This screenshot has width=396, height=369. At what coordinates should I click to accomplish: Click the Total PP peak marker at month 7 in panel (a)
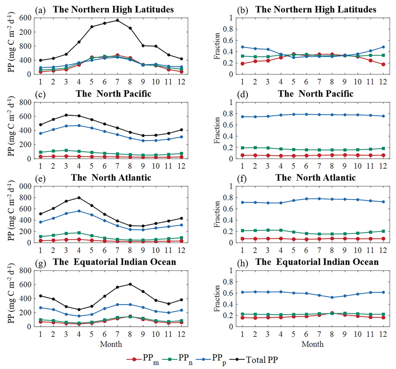tap(117, 20)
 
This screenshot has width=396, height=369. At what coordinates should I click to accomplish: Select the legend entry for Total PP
tap(262, 360)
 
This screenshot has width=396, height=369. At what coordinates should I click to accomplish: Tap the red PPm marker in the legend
tap(134, 360)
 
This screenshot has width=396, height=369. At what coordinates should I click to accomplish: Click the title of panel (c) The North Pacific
tap(113, 94)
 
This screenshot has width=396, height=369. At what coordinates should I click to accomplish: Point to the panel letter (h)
tap(242, 263)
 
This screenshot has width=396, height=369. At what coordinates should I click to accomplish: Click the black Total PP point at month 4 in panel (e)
tap(79, 198)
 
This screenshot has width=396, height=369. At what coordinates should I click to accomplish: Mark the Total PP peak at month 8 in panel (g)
tap(130, 284)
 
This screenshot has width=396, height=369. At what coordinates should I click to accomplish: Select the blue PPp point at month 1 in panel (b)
tap(242, 47)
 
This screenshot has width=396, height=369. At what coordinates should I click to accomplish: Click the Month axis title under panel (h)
tap(312, 344)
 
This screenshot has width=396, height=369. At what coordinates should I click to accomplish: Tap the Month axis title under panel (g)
tap(111, 344)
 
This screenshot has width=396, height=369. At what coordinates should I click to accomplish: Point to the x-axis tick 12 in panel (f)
tap(383, 250)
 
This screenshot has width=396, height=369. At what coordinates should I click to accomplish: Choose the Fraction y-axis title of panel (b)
tap(217, 46)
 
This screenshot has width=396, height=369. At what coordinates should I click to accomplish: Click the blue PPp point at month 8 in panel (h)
tap(332, 297)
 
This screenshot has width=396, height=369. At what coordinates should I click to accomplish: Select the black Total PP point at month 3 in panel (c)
tap(66, 115)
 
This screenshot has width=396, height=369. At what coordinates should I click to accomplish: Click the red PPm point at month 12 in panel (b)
tap(383, 64)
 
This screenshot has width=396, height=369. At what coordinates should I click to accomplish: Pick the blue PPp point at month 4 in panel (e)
tap(79, 211)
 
